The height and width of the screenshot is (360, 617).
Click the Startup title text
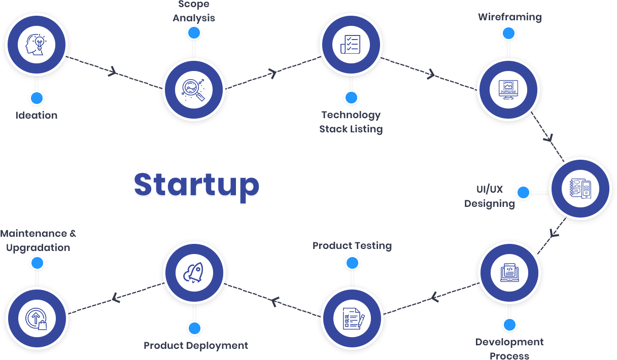pyautogui.click(x=197, y=186)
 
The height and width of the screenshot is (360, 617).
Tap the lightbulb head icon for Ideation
pyautogui.click(x=37, y=44)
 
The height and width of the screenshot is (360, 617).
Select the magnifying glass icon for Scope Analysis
pyautogui.click(x=193, y=89)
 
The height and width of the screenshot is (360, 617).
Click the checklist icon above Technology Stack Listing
pyautogui.click(x=351, y=44)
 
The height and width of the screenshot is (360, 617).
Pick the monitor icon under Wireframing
pyautogui.click(x=508, y=89)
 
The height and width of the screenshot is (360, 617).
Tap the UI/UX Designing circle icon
pyautogui.click(x=581, y=188)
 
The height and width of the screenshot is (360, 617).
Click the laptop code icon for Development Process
pyautogui.click(x=509, y=272)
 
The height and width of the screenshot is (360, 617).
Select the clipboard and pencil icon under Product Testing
pyautogui.click(x=352, y=318)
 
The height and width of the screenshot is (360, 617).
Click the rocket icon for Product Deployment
pyautogui.click(x=193, y=272)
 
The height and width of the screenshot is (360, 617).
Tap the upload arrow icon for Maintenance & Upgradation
pyautogui.click(x=37, y=318)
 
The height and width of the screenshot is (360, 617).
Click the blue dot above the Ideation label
pyautogui.click(x=36, y=98)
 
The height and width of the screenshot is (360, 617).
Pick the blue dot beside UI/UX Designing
pyautogui.click(x=523, y=193)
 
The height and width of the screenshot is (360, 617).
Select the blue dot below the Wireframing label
pyautogui.click(x=509, y=33)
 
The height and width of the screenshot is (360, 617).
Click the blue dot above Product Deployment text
pyautogui.click(x=194, y=328)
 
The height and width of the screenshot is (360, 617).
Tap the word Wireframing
pyautogui.click(x=509, y=17)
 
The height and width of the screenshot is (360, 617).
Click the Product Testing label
pyautogui.click(x=352, y=246)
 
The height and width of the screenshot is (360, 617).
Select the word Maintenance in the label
pyautogui.click(x=33, y=234)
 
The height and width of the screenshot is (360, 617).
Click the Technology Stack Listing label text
pyautogui.click(x=351, y=122)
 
